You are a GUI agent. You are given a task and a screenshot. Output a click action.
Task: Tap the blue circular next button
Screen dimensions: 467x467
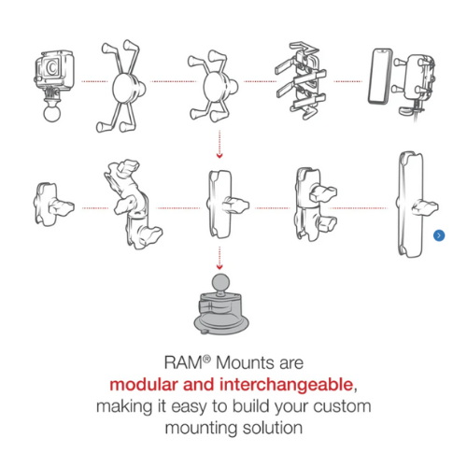[439, 235]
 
